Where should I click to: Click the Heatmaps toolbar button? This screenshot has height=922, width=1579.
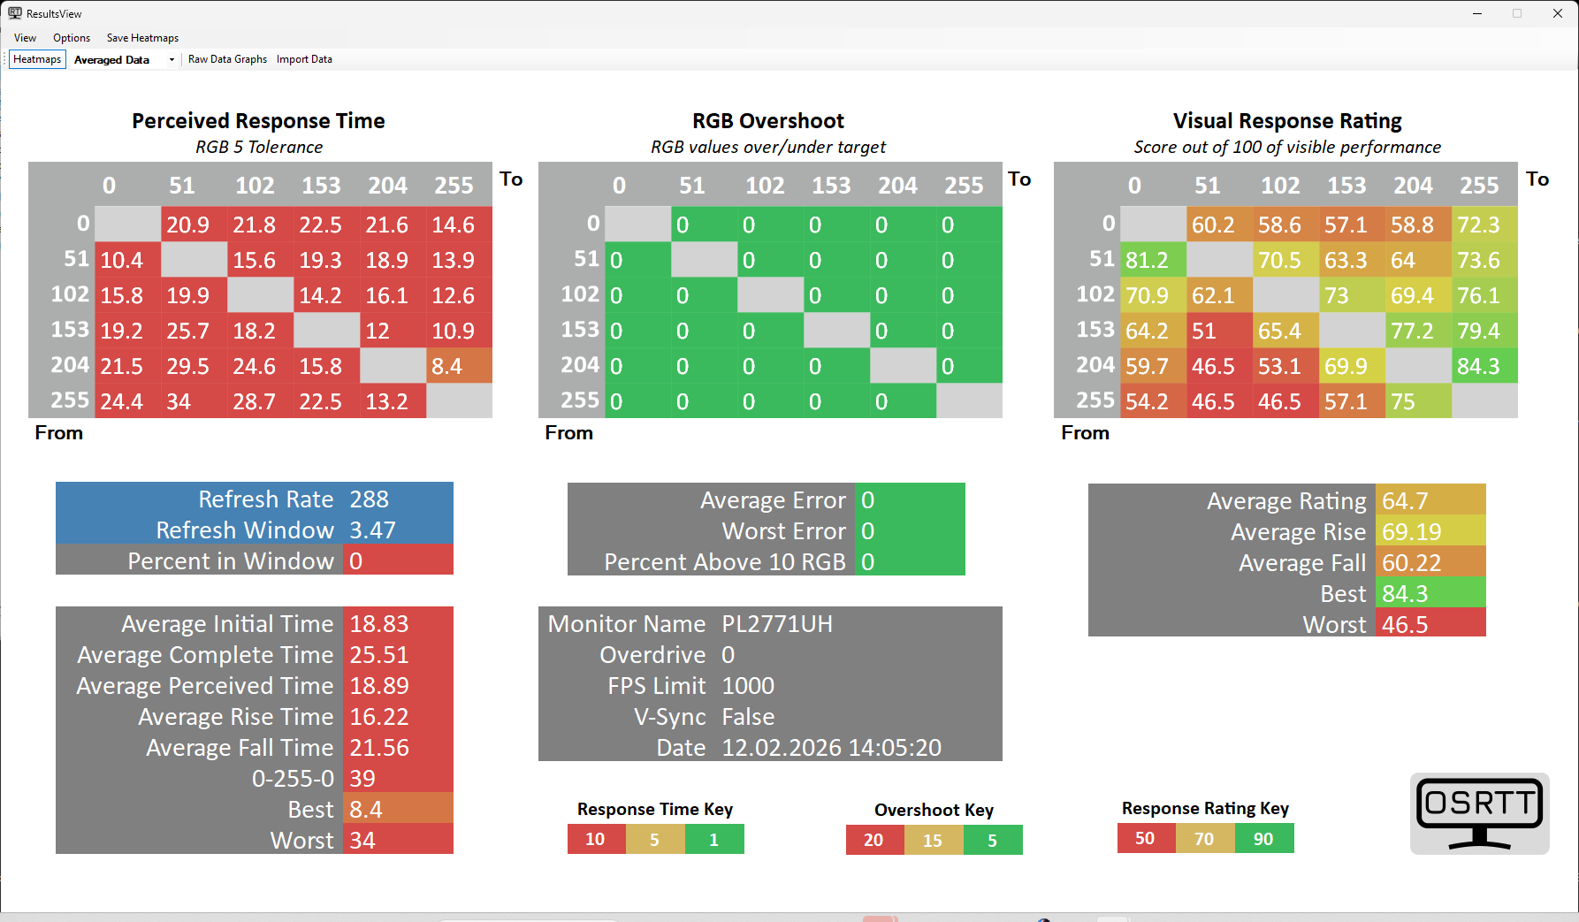click(x=37, y=59)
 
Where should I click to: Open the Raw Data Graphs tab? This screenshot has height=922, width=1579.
click(x=227, y=59)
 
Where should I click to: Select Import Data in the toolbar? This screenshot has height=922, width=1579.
click(x=304, y=59)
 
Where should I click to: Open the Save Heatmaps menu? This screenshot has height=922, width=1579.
click(x=142, y=38)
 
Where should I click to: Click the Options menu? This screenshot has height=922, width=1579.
click(x=72, y=38)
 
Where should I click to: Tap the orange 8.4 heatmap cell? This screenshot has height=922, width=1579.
click(x=459, y=366)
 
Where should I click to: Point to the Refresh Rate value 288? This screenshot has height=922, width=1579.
click(x=370, y=499)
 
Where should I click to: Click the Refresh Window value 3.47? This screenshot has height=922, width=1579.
click(x=372, y=530)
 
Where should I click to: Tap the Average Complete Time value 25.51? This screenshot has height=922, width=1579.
click(x=379, y=655)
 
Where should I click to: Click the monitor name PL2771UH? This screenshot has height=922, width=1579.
click(x=777, y=624)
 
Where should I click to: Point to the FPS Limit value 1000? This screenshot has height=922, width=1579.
click(x=748, y=686)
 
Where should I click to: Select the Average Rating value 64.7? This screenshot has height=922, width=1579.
click(x=1405, y=501)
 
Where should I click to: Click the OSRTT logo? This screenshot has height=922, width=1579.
click(x=1479, y=813)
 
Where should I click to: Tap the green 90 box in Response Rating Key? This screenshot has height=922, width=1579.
click(x=1263, y=839)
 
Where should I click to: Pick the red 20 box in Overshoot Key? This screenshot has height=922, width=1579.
click(x=873, y=840)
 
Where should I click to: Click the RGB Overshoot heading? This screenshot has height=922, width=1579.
click(x=768, y=121)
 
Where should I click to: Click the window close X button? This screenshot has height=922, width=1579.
click(x=1558, y=13)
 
